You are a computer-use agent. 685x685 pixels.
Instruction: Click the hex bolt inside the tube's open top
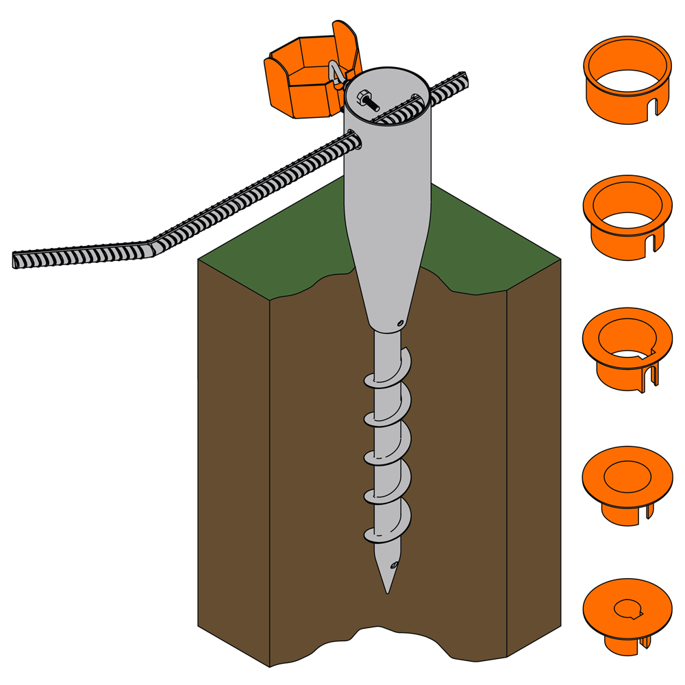(x=364, y=100)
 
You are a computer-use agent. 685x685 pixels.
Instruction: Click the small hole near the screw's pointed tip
(x=393, y=566)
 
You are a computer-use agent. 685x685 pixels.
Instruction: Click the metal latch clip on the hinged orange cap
(x=337, y=75)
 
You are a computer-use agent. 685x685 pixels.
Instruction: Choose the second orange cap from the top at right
(x=627, y=216)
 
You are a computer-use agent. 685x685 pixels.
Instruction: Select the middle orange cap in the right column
(x=627, y=348)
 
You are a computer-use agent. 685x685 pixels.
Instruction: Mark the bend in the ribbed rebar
(x=151, y=247)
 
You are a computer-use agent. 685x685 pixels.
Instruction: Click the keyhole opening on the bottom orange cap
(x=628, y=608)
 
